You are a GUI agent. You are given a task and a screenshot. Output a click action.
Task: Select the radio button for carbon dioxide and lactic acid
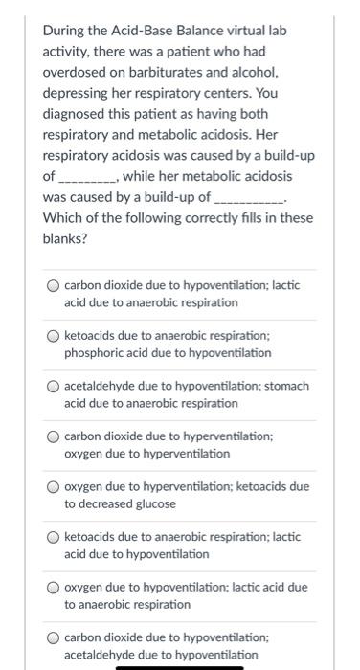[54, 284]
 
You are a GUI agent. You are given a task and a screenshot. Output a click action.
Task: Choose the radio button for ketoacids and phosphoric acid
[54, 335]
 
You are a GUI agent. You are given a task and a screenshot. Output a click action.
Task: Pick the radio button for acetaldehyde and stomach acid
[54, 386]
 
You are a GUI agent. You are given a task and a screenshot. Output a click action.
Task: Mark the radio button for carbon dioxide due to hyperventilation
[54, 435]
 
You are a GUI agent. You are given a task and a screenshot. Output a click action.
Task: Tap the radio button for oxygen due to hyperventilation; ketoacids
[54, 486]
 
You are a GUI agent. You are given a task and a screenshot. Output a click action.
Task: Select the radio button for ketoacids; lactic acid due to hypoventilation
[54, 536]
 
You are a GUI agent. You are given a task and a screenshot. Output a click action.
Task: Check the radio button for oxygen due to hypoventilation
[54, 587]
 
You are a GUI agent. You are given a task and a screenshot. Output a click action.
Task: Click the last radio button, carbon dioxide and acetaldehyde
[54, 636]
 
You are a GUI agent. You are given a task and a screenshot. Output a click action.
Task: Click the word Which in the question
[62, 219]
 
